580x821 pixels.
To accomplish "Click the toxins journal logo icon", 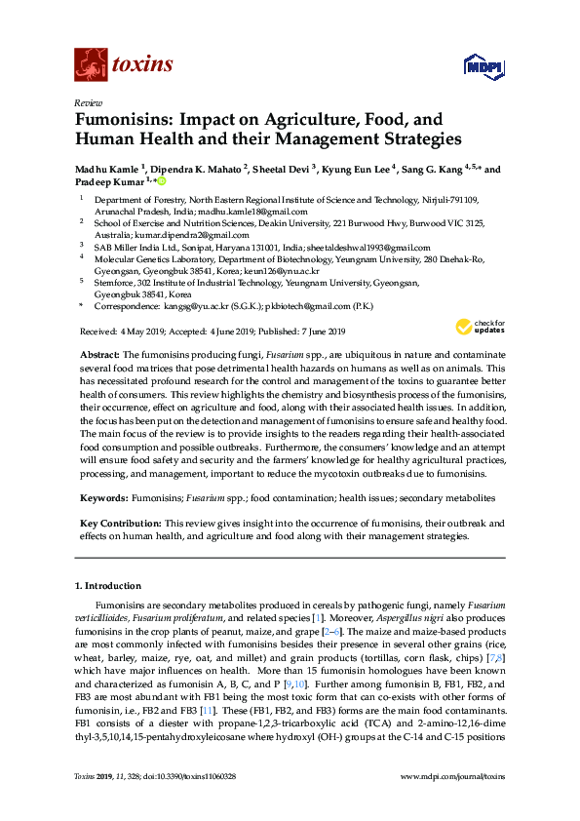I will (x=90, y=65).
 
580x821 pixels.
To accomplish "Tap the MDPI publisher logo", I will (x=484, y=66).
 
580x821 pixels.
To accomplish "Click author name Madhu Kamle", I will (x=108, y=170).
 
